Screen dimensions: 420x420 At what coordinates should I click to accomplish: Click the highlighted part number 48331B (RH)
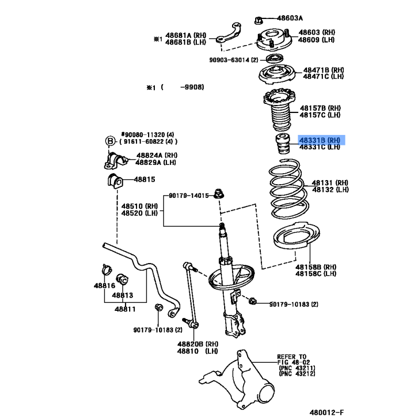pyautogui.click(x=319, y=140)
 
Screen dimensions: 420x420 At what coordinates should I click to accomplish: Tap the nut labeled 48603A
pyautogui.click(x=258, y=20)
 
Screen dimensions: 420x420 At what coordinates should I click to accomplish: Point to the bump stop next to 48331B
pyautogui.click(x=283, y=144)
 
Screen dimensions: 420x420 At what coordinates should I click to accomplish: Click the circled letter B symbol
pyautogui.click(x=110, y=141)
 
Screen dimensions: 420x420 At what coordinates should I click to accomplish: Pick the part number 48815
pyautogui.click(x=144, y=180)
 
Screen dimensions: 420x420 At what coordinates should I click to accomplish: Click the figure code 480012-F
pyautogui.click(x=327, y=412)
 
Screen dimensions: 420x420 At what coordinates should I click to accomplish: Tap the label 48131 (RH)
pyautogui.click(x=330, y=183)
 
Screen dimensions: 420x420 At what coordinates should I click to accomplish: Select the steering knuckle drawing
pyautogui.click(x=237, y=380)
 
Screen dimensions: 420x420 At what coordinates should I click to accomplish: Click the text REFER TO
pyautogui.click(x=291, y=357)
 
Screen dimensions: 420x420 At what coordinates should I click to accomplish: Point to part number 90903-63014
pyautogui.click(x=229, y=60)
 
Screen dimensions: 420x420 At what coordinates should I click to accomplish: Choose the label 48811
pyautogui.click(x=125, y=309)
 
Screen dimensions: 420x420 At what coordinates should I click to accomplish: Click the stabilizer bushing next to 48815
pyautogui.click(x=115, y=181)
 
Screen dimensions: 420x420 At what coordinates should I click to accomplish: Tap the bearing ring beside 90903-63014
pyautogui.click(x=275, y=58)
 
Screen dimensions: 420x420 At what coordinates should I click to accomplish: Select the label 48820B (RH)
pyautogui.click(x=198, y=344)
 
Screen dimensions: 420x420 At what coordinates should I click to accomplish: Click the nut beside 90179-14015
pyautogui.click(x=218, y=193)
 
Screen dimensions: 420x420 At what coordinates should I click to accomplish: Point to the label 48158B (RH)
pyautogui.click(x=316, y=267)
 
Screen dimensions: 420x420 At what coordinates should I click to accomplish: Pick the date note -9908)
pyautogui.click(x=192, y=87)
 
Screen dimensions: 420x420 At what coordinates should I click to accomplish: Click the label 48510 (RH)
pyautogui.click(x=140, y=206)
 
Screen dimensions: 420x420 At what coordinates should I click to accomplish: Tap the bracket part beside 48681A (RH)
pyautogui.click(x=228, y=34)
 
